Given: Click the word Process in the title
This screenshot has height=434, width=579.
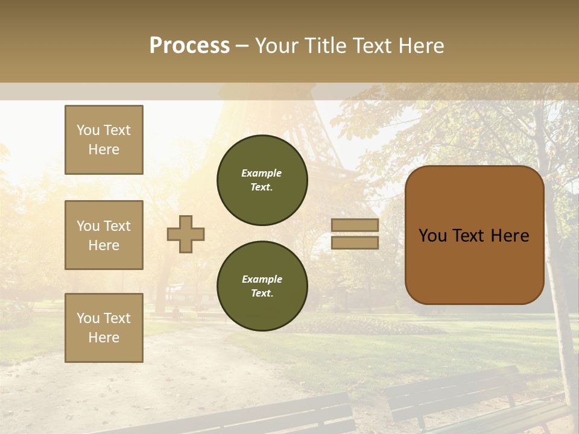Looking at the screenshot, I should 189,46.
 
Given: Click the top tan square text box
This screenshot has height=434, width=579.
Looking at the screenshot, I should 104,140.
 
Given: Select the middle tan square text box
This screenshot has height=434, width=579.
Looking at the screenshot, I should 104,235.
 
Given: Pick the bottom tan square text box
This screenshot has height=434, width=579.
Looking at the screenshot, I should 104,328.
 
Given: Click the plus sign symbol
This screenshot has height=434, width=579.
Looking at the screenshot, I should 186,234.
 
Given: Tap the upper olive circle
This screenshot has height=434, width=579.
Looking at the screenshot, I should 262,180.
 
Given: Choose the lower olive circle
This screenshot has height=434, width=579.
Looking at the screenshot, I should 262,286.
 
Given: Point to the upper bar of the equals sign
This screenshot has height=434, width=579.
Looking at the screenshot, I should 355,225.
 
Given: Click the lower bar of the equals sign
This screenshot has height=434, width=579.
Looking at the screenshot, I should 355,243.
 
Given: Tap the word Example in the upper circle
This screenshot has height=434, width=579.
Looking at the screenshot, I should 262,173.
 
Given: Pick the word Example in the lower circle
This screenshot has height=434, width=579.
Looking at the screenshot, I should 262,279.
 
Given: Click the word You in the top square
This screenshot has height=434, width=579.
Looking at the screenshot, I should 87,130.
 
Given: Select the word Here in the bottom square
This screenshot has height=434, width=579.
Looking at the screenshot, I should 104,338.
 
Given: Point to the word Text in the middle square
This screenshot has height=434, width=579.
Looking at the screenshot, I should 116,226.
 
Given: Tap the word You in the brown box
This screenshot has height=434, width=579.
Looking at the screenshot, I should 432,236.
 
